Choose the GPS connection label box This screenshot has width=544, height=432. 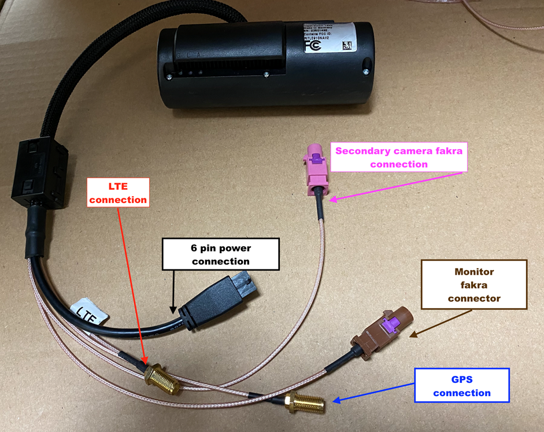coord(461,386)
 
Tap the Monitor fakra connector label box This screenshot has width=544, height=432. coord(474,285)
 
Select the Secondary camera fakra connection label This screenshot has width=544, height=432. coord(399,157)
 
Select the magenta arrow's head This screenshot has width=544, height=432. coord(330,201)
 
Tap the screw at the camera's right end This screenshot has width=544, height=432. coord(365,71)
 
